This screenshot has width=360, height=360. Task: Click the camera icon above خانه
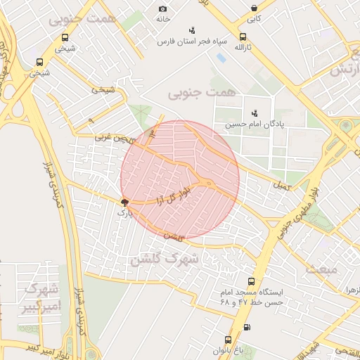162,8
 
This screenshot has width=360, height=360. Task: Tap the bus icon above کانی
254,8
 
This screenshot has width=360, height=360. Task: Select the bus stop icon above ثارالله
243,37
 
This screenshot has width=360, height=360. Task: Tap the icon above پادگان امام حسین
254,112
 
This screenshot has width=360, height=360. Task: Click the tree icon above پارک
125,201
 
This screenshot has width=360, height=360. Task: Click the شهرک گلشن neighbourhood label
164,259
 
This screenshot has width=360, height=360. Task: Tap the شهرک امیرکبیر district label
42,297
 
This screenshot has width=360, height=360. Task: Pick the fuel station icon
246,327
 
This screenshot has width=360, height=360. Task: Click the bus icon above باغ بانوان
227,339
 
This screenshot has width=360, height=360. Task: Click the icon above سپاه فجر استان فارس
192,30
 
